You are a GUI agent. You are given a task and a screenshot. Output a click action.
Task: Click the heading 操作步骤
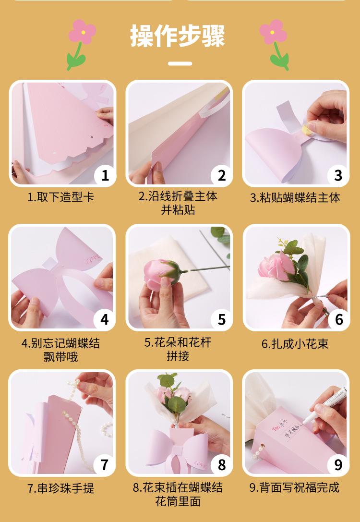pyautogui.click(x=177, y=36)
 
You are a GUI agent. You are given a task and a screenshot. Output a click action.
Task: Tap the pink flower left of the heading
pyautogui.click(x=82, y=32)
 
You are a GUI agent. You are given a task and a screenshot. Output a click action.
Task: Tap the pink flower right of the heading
pyautogui.click(x=273, y=32)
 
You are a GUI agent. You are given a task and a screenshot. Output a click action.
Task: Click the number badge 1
pyautogui.click(x=105, y=175)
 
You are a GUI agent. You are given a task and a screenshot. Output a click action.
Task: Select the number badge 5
pyautogui.click(x=222, y=320)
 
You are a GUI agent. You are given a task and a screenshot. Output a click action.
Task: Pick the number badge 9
pyautogui.click(x=338, y=464)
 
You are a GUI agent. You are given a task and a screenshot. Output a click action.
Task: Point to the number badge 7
pyautogui.click(x=105, y=464)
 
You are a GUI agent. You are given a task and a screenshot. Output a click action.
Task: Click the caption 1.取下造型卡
pyautogui.click(x=61, y=197)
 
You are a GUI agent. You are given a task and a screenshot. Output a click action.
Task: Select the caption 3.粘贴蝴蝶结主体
pyautogui.click(x=295, y=197)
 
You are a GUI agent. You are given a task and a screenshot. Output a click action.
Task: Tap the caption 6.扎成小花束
pyautogui.click(x=295, y=343)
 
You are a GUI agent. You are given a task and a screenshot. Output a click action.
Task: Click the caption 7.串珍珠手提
pyautogui.click(x=61, y=488)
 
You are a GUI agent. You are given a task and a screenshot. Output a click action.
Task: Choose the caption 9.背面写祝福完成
pyautogui.click(x=294, y=488)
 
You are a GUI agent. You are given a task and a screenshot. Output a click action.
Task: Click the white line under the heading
pyautogui.click(x=180, y=63)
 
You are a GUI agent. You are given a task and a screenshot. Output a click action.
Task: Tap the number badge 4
pyautogui.click(x=105, y=320)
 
